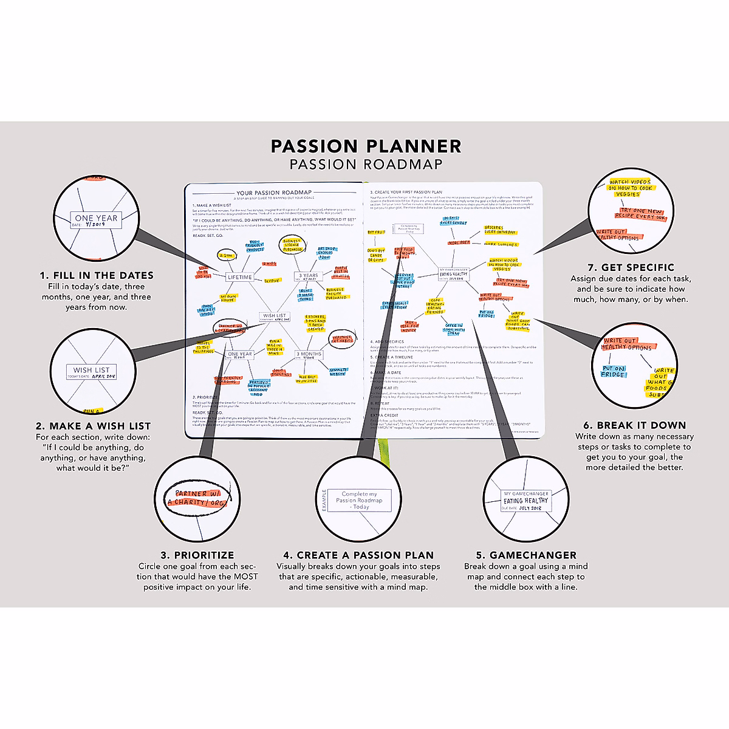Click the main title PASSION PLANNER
click(366, 146)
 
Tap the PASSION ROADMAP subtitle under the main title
click(366, 164)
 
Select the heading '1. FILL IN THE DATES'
click(97, 275)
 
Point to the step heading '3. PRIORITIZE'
click(197, 555)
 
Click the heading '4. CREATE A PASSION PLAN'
click(358, 555)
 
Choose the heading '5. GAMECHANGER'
click(526, 555)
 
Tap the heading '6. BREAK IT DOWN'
click(635, 425)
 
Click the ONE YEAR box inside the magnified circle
click(96, 220)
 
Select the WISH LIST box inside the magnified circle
click(92, 372)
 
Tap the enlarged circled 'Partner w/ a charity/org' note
click(198, 498)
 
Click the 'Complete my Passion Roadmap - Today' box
click(359, 500)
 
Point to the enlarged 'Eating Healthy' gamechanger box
click(525, 501)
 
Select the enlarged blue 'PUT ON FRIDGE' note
click(614, 371)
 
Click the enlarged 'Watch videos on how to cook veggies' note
click(629, 188)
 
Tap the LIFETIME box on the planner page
click(239, 277)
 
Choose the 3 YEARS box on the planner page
click(308, 276)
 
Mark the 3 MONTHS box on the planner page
click(309, 354)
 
